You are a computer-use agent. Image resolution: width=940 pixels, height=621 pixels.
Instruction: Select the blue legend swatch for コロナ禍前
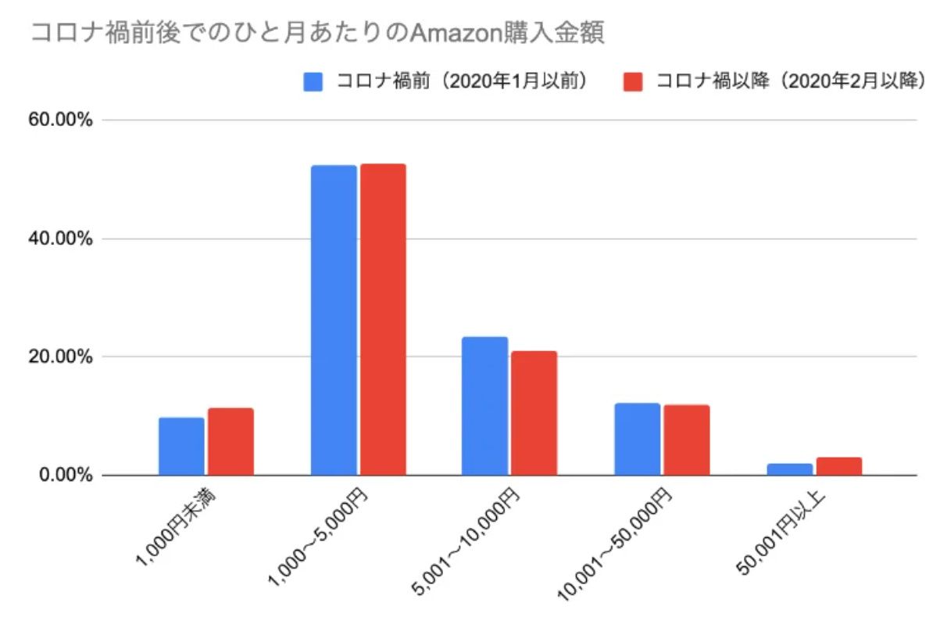[313, 82]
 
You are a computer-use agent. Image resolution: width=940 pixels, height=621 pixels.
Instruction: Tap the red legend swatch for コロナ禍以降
[633, 82]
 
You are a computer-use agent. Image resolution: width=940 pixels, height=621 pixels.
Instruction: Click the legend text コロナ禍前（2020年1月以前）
[462, 82]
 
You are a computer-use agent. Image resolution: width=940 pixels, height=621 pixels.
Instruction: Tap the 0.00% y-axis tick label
[66, 476]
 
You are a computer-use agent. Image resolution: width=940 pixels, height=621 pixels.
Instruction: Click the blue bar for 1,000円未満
[181, 447]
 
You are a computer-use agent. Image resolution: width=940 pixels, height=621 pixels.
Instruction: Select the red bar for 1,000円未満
[231, 442]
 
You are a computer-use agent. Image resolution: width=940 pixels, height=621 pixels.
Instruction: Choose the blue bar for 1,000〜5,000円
[334, 321]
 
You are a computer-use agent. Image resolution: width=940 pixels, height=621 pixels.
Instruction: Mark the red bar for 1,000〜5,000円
[383, 320]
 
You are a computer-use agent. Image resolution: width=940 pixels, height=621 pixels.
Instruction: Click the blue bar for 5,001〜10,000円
[485, 406]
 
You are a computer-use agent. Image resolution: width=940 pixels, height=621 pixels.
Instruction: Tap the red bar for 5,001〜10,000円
[534, 413]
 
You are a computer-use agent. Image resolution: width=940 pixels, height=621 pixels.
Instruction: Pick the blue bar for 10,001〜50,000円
[637, 440]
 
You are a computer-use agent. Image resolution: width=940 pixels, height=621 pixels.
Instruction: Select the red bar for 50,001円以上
[838, 466]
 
